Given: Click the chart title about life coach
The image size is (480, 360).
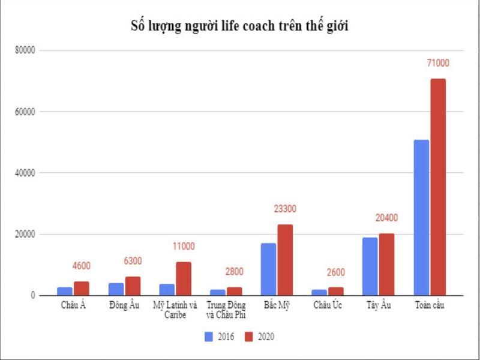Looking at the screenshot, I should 240,26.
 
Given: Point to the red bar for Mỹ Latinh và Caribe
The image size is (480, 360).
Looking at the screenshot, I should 184,278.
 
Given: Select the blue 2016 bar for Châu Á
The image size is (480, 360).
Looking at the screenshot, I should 65,291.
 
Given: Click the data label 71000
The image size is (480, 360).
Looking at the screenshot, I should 437,63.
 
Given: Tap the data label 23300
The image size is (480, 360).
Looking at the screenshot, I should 284,209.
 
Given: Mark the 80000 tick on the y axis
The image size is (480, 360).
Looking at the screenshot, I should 26,50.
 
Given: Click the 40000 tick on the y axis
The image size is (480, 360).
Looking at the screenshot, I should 26,173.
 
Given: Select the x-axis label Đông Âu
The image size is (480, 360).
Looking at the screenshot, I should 124,305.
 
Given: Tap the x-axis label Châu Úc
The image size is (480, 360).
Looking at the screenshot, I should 328,305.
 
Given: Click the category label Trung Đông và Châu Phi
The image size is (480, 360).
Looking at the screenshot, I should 226,310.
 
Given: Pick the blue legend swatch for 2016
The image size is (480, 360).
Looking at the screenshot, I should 209,337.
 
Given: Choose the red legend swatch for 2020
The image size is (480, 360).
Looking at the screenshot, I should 250,337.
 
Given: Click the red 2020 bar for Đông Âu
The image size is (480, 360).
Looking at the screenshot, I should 133,286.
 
